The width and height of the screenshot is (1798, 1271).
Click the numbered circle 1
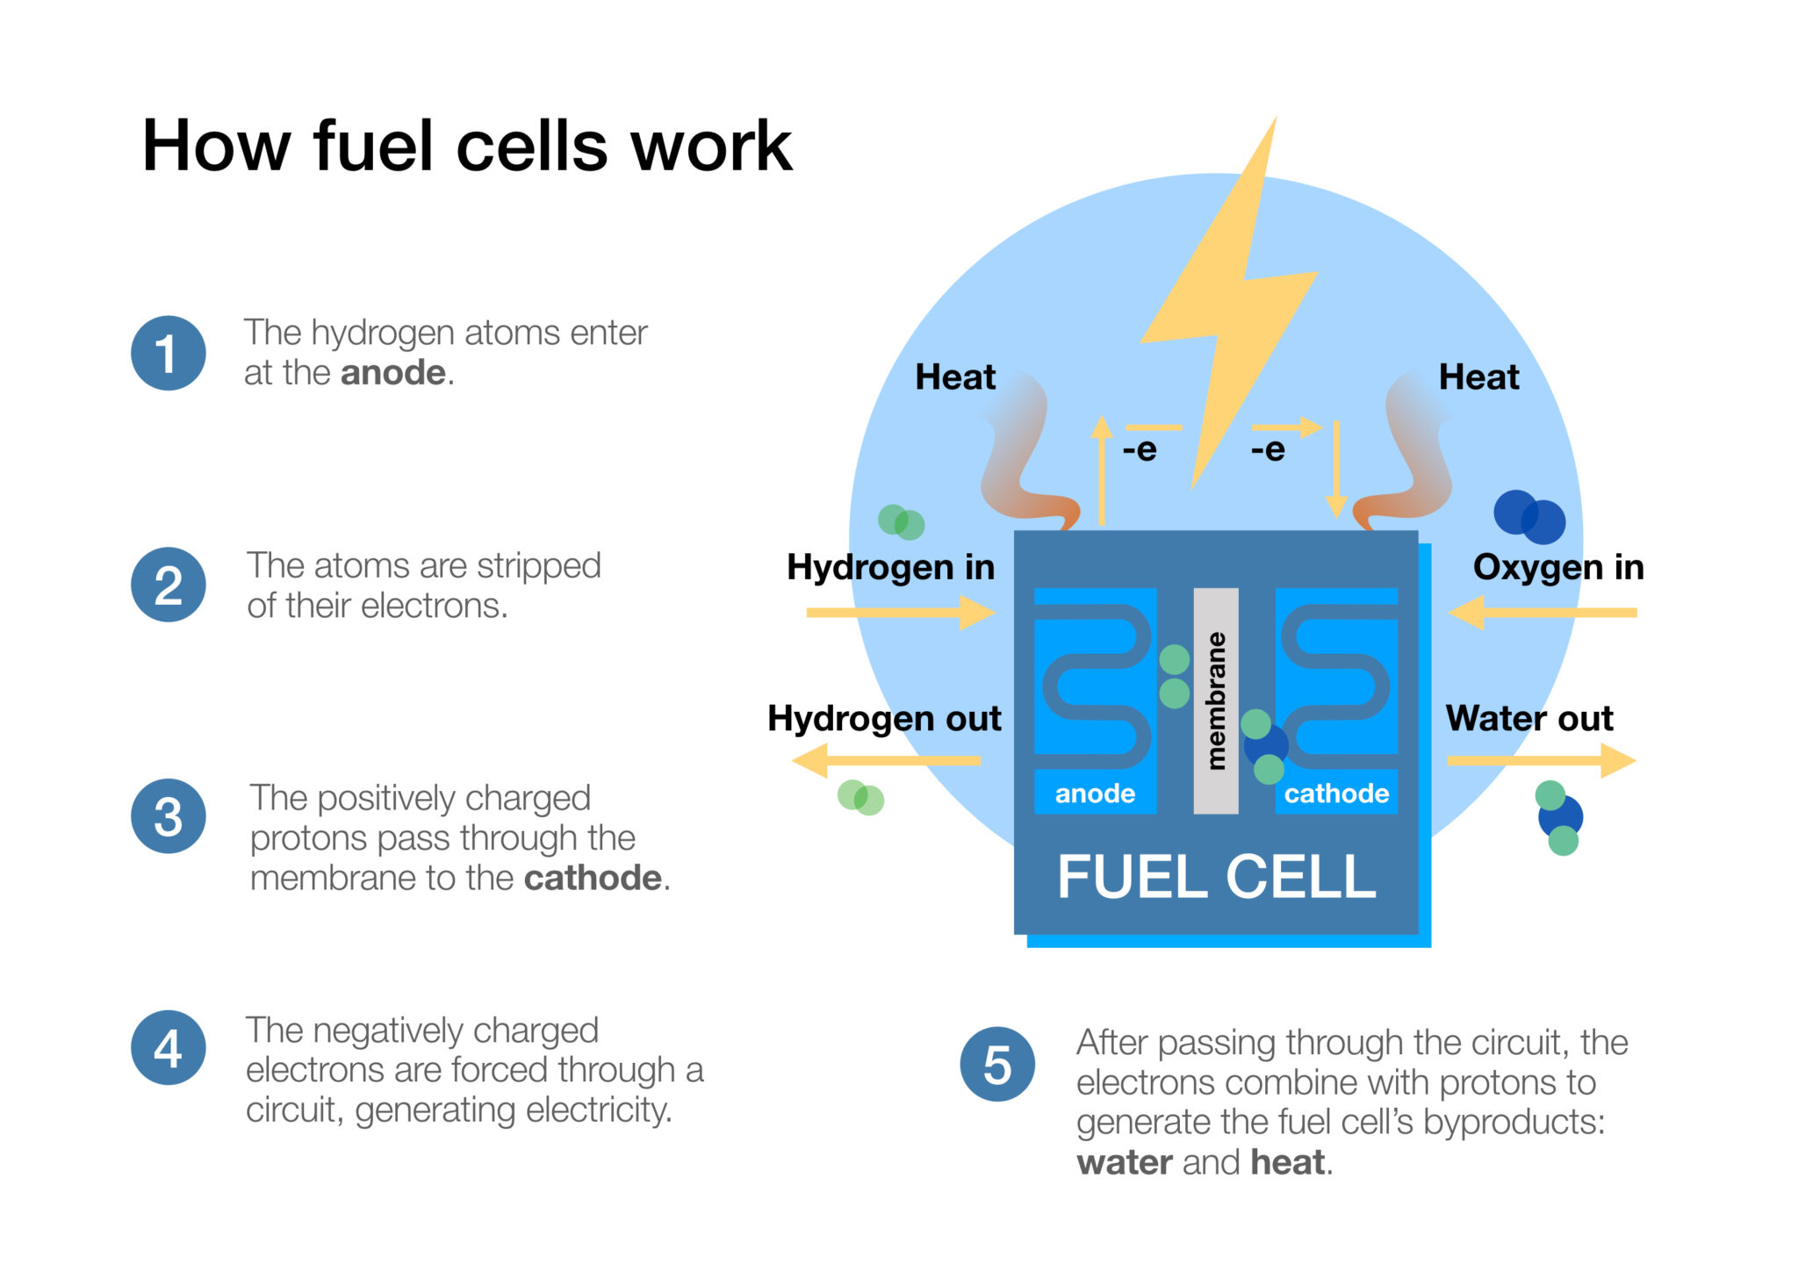(168, 353)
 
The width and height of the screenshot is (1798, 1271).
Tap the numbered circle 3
(168, 816)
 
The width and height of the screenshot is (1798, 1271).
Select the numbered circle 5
(997, 1064)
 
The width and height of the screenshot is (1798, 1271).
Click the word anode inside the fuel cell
(1095, 793)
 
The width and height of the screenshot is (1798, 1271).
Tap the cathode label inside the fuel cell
(1336, 793)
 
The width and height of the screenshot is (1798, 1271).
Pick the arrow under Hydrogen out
(886, 760)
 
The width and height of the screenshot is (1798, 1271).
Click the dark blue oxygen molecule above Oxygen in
(1529, 517)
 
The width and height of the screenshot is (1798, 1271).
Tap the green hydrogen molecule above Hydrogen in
(901, 521)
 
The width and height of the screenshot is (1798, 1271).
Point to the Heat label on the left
(955, 377)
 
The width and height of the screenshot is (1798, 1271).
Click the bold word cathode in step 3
(593, 878)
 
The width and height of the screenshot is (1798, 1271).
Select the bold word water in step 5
(1124, 1162)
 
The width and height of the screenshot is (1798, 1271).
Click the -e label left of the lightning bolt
(1140, 449)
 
